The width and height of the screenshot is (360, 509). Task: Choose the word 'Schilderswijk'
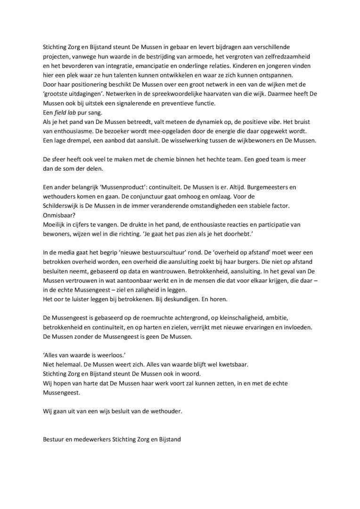(x=59, y=205)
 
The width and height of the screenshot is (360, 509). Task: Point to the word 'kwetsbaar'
(x=230, y=363)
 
